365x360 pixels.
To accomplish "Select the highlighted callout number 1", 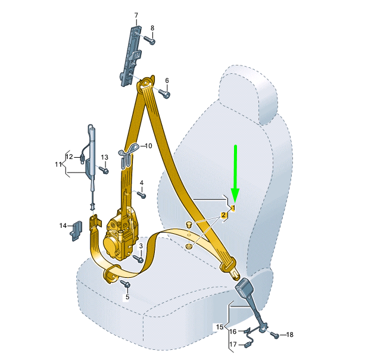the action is click(233, 208).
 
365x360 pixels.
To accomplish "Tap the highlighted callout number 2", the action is click(223, 215).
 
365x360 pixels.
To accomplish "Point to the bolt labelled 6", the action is click(164, 93).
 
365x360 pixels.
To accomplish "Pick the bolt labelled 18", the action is click(274, 335).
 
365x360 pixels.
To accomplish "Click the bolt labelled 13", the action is click(104, 170).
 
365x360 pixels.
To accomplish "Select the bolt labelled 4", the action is click(142, 195).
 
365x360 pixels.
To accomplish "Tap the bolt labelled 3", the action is click(138, 259).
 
